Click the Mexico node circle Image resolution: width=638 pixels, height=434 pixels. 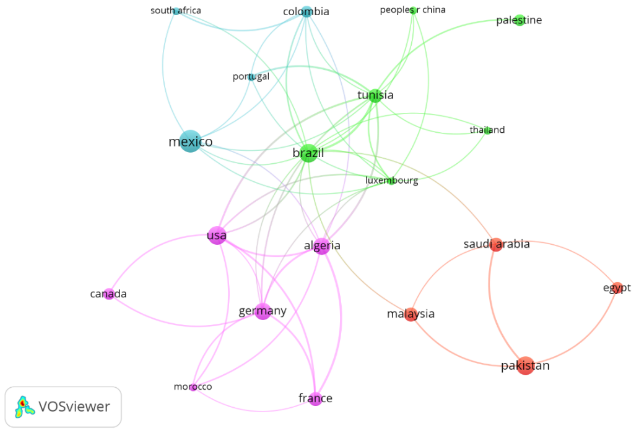pyautogui.click(x=190, y=141)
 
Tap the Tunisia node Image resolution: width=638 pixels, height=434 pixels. pyautogui.click(x=375, y=96)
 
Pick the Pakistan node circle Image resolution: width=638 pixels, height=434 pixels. pyautogui.click(x=525, y=365)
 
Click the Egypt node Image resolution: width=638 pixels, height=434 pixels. pyautogui.click(x=617, y=288)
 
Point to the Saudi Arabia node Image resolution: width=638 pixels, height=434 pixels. pyautogui.click(x=496, y=244)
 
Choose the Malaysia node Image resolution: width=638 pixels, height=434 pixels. pyautogui.click(x=411, y=314)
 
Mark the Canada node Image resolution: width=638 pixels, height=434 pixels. pyautogui.click(x=109, y=294)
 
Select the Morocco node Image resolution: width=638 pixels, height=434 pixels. pyautogui.click(x=193, y=387)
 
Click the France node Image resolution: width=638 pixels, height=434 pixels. pyautogui.click(x=315, y=399)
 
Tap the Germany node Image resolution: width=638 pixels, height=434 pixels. pyautogui.click(x=263, y=311)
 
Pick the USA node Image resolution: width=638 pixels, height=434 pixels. pyautogui.click(x=217, y=235)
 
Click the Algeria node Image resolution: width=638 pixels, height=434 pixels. pyautogui.click(x=322, y=246)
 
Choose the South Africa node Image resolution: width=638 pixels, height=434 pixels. pyautogui.click(x=176, y=11)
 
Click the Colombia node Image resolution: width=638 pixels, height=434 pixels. pyautogui.click(x=306, y=12)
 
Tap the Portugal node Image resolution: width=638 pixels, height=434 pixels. pyautogui.click(x=251, y=77)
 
